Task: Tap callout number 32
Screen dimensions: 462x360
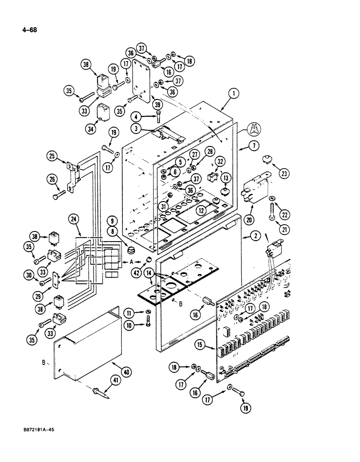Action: tap(220, 161)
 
